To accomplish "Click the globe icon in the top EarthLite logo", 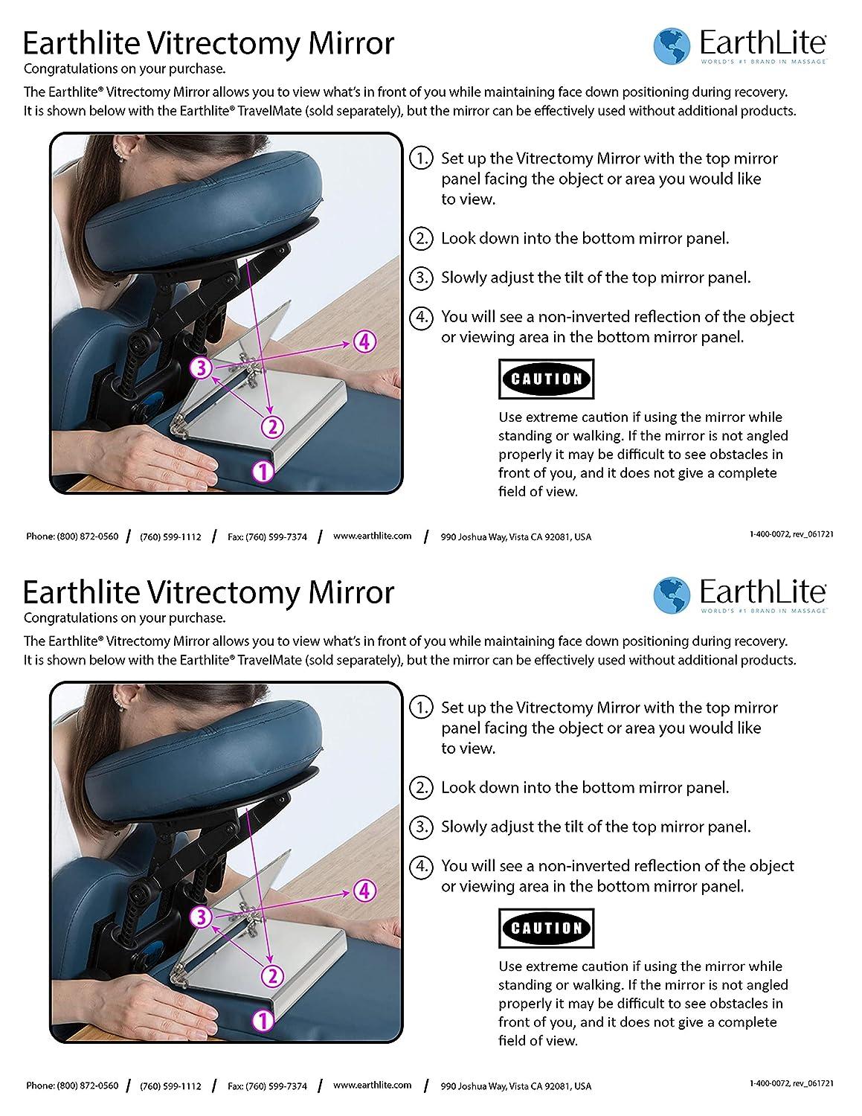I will point(672,47).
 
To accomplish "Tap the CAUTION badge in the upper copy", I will point(547,379).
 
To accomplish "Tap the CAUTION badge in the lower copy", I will point(547,929).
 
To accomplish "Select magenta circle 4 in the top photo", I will point(363,341).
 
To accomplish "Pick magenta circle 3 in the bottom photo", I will point(202,917).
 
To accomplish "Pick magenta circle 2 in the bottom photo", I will point(273,975).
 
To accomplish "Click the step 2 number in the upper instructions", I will point(421,239).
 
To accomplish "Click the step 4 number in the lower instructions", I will point(421,866).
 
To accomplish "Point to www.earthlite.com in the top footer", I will point(372,536).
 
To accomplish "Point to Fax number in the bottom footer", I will point(267,1085).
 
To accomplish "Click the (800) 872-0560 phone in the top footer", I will point(72,536).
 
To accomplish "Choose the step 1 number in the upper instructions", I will point(421,158).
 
